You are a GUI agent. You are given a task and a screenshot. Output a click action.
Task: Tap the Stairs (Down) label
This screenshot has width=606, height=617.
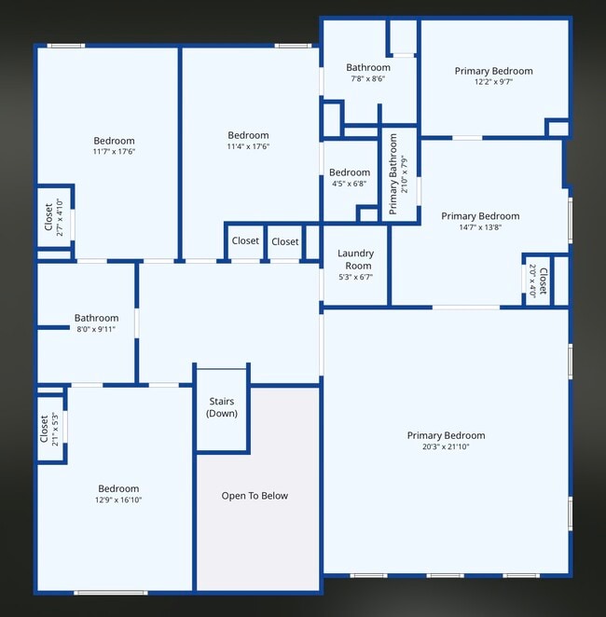pyautogui.click(x=222, y=407)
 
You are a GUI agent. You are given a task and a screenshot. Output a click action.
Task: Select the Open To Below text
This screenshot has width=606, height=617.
pyautogui.click(x=255, y=496)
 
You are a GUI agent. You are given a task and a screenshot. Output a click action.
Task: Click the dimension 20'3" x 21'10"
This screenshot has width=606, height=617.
pyautogui.click(x=446, y=447)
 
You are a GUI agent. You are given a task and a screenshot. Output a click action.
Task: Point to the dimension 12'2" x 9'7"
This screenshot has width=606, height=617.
pyautogui.click(x=493, y=82)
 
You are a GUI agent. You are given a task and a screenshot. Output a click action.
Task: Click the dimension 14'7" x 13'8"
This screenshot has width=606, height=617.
pyautogui.click(x=480, y=227)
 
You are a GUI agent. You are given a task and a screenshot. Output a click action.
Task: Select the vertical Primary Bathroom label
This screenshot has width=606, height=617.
pyautogui.click(x=393, y=174)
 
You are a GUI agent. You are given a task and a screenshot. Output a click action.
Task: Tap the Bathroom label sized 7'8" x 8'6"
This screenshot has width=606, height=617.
pyautogui.click(x=367, y=78)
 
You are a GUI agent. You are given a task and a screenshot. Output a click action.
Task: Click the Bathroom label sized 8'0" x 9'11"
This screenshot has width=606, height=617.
pyautogui.click(x=96, y=329)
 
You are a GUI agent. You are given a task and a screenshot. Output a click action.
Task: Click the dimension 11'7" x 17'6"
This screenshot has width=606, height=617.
pyautogui.click(x=114, y=152)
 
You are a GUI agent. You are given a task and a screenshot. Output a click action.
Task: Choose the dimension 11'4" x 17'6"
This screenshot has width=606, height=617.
pyautogui.click(x=248, y=146)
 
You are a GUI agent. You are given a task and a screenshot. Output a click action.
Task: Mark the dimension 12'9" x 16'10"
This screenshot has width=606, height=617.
pyautogui.click(x=118, y=500)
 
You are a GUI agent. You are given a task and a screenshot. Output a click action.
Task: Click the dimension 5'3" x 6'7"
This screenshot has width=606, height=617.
pyautogui.click(x=355, y=277)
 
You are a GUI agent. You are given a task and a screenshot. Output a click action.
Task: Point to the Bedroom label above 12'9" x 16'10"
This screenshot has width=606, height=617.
pyautogui.click(x=118, y=488)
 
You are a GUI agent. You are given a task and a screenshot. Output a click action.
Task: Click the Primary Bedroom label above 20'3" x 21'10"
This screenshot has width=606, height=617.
pyautogui.click(x=446, y=435)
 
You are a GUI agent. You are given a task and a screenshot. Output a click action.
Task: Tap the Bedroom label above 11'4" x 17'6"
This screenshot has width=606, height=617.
pyautogui.click(x=248, y=135)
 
